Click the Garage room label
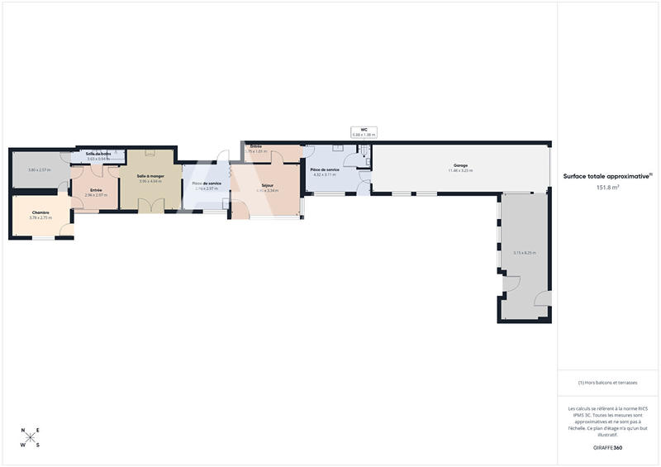460,165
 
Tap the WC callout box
364,131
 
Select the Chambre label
41,212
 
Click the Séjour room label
267,185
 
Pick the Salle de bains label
98,154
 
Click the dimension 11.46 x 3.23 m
460,170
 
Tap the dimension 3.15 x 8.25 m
524,253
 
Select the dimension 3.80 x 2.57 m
39,170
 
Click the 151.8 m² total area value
607,187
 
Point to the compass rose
31,438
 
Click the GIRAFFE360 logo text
607,447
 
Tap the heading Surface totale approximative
607,176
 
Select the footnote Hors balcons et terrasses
607,383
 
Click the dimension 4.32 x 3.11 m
323,174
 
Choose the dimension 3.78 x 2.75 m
41,217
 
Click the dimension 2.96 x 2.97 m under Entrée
96,195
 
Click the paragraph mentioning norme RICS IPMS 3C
607,419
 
